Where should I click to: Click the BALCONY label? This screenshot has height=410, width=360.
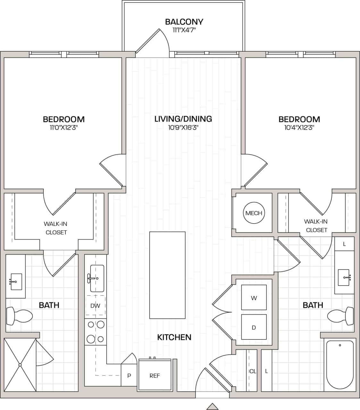point(184,22)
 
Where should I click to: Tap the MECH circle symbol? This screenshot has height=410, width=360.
point(254,213)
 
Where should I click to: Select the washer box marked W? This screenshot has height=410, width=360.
point(254,298)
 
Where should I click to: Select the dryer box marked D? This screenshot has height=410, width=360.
point(254,327)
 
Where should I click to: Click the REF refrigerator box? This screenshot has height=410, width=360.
point(155,375)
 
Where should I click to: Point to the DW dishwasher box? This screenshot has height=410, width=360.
point(95,306)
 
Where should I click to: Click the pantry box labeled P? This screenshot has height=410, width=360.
point(129,375)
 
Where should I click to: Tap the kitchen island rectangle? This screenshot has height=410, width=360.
point(167,275)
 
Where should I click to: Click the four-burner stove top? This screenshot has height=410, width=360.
point(96,332)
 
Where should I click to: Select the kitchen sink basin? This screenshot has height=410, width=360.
point(97,278)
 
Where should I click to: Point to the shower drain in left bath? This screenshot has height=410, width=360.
point(20,365)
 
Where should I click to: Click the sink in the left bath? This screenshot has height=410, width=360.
point(16,282)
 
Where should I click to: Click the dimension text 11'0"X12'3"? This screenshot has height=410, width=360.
point(63,128)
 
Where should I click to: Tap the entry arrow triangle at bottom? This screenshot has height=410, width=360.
point(212,406)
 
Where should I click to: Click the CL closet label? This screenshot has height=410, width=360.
point(253,371)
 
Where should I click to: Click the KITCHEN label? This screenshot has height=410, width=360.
point(174,337)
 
